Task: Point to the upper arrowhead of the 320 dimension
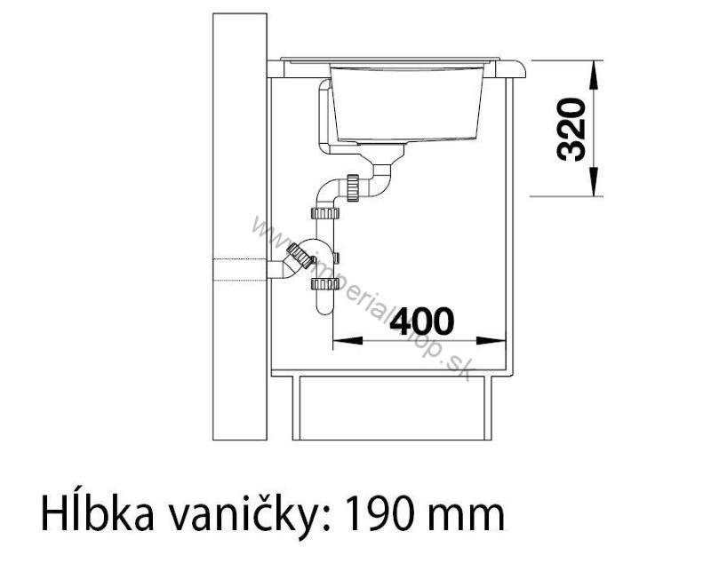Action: pyautogui.click(x=595, y=72)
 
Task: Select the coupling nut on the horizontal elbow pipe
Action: pyautogui.click(x=355, y=187)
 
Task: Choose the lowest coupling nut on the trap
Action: pyautogui.click(x=322, y=285)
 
